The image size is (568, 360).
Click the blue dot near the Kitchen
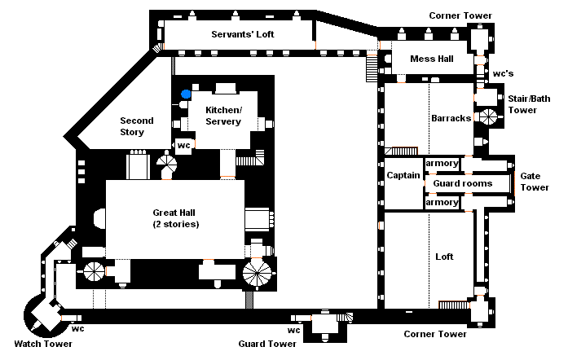coord(187,94)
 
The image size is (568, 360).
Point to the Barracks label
coord(451,118)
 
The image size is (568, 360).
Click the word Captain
coord(403,175)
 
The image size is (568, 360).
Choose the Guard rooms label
coord(462,184)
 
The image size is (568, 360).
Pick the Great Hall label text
coord(175,217)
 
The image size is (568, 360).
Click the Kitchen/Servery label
coord(222,115)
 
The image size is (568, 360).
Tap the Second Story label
coord(132,126)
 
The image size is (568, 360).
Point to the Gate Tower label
coord(535,181)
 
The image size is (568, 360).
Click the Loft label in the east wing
coord(444,257)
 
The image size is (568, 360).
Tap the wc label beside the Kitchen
coord(183,145)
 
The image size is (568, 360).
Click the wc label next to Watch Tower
coord(77,329)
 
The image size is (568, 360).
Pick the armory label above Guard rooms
coord(441,163)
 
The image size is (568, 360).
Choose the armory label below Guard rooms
coord(441,202)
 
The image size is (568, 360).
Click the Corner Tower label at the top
coord(460,15)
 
